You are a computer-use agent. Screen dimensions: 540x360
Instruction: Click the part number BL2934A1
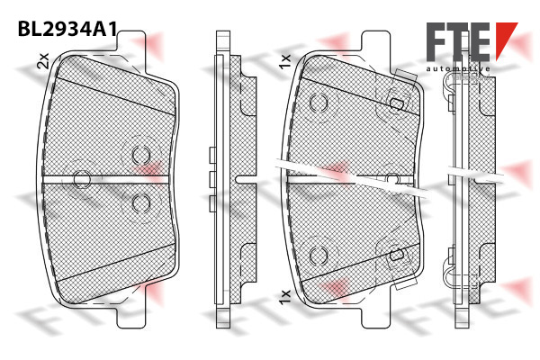pos(67,29)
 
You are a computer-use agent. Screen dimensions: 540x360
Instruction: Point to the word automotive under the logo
pos(458,69)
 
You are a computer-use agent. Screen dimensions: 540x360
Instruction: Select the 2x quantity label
pos(44,61)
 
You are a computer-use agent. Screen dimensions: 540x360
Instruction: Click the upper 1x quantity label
pos(285,62)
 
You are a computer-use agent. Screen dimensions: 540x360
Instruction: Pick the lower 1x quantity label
pos(285,297)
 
